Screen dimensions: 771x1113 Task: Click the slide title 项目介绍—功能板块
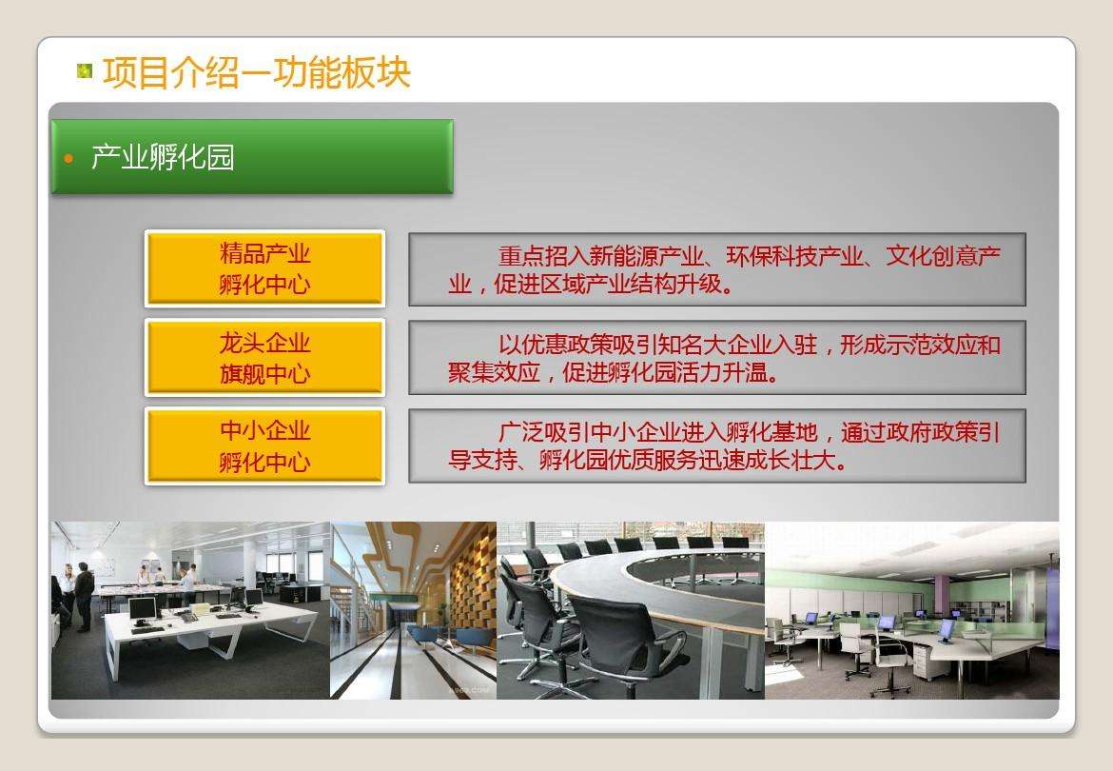(x=256, y=72)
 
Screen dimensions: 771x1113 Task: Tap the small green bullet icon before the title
(x=86, y=70)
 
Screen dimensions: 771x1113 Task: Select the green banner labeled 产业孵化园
(x=251, y=157)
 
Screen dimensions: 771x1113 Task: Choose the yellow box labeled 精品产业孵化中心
(x=264, y=268)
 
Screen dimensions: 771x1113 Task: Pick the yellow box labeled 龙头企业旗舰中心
(x=264, y=358)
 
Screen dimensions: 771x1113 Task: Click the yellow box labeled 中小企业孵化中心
(x=264, y=446)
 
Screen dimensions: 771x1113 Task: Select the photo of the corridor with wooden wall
(x=413, y=609)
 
